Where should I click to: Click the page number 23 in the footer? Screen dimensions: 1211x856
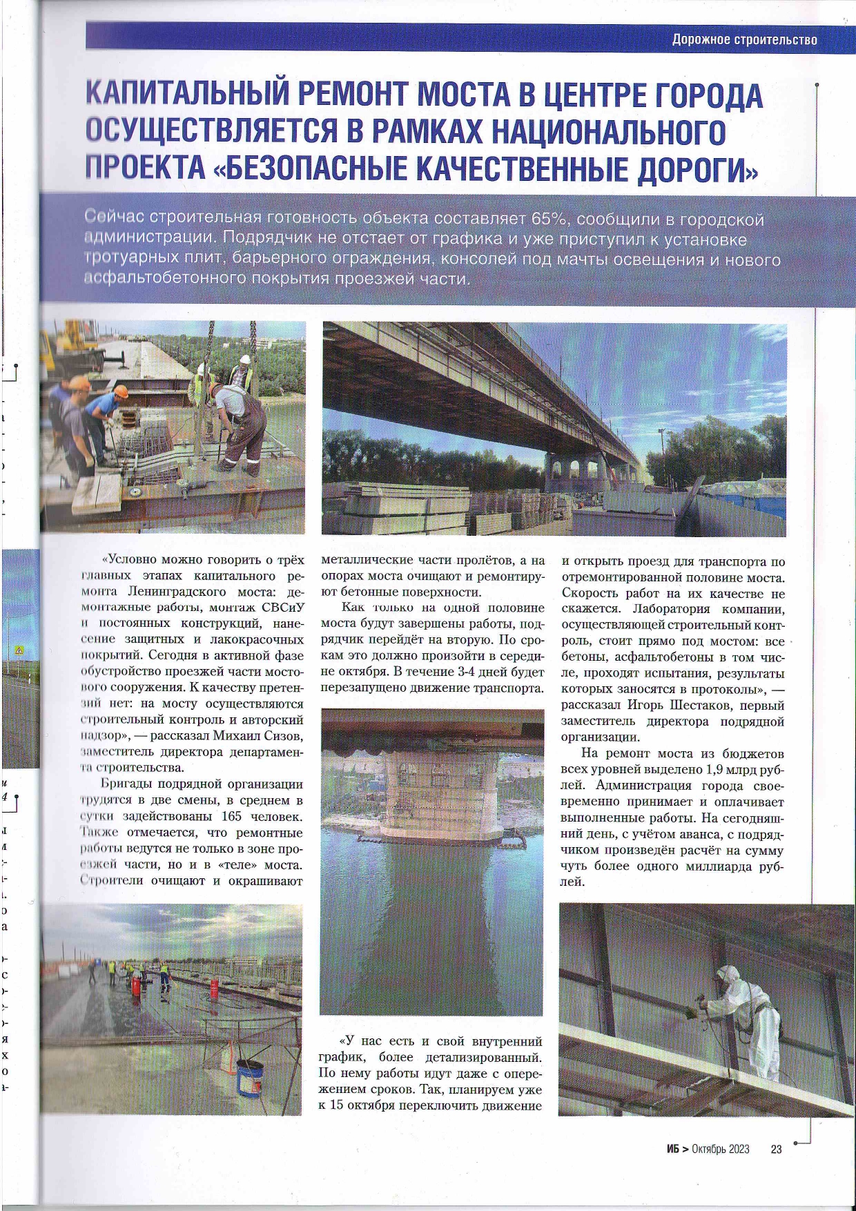click(x=776, y=1149)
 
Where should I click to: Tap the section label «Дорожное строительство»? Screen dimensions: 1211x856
click(x=744, y=39)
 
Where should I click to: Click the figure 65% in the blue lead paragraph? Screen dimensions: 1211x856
click(x=550, y=220)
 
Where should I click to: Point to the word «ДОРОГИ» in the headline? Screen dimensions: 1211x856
click(x=697, y=169)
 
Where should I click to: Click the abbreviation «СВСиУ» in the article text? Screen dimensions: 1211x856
click(x=283, y=608)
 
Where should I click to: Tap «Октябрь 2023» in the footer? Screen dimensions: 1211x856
click(x=720, y=1149)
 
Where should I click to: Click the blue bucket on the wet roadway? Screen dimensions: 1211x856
click(x=249, y=1077)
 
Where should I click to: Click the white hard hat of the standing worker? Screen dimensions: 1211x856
click(x=244, y=359)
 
